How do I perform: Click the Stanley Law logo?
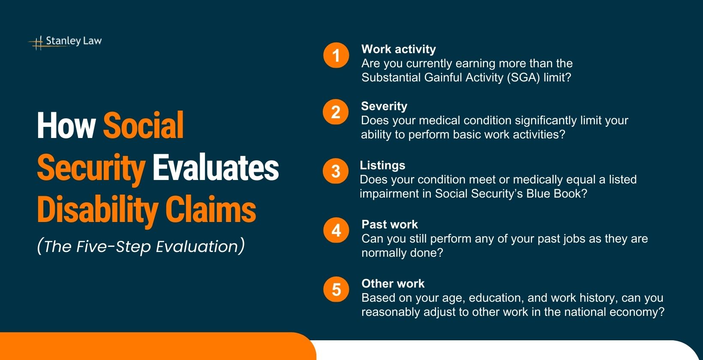(x=65, y=42)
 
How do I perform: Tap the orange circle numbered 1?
(x=336, y=55)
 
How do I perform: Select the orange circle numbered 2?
(x=336, y=112)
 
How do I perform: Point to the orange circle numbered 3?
(x=336, y=171)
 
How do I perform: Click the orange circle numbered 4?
(x=336, y=231)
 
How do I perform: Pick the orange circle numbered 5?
(x=336, y=290)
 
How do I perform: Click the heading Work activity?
(x=399, y=49)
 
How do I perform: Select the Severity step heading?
(x=384, y=106)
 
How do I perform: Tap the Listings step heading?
(x=382, y=165)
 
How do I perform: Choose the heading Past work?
(x=390, y=225)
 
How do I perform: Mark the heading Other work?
(x=393, y=284)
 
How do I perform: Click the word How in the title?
(x=66, y=126)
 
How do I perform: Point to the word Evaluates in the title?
(x=216, y=168)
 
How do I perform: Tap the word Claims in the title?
(x=210, y=210)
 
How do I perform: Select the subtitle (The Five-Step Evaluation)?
(x=141, y=246)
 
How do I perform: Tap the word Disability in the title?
(x=98, y=210)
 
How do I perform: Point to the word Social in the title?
(x=143, y=126)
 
